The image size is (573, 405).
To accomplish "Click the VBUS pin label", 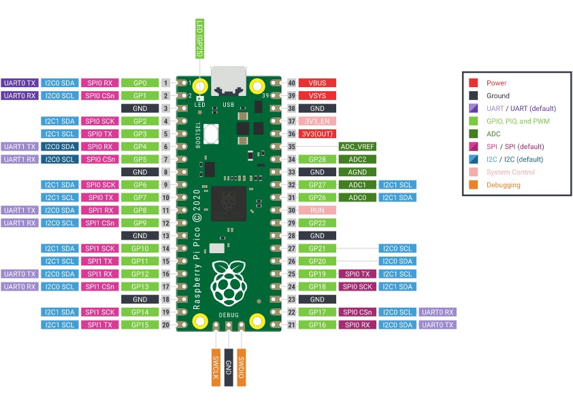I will pos(317,83).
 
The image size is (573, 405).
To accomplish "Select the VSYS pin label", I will pos(317,95).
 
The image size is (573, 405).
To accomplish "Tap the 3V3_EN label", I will pos(317,121).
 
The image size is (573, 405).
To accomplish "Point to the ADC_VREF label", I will pos(357,146).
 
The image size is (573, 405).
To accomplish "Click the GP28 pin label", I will pos(317,159).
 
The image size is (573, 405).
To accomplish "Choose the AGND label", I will pos(357,172).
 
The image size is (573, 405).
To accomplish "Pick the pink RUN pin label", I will pos(317,210).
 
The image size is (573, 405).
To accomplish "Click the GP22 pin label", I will pos(317,223).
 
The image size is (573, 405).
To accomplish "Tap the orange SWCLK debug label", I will pos(215,368).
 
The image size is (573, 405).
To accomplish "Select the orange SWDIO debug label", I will pos(241,368).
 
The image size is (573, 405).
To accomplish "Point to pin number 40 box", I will pos(292,83).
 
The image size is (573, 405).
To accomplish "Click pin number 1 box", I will pos(165,83).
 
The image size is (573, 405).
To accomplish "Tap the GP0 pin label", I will pos(140,83).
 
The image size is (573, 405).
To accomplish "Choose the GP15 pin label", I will pos(140,325).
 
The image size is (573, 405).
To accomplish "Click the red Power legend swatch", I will pos(474,83).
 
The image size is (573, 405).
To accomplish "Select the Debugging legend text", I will pos(504,185).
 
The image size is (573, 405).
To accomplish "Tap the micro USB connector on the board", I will pos(228,80).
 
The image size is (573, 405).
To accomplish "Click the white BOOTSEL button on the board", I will pos(210,134).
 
